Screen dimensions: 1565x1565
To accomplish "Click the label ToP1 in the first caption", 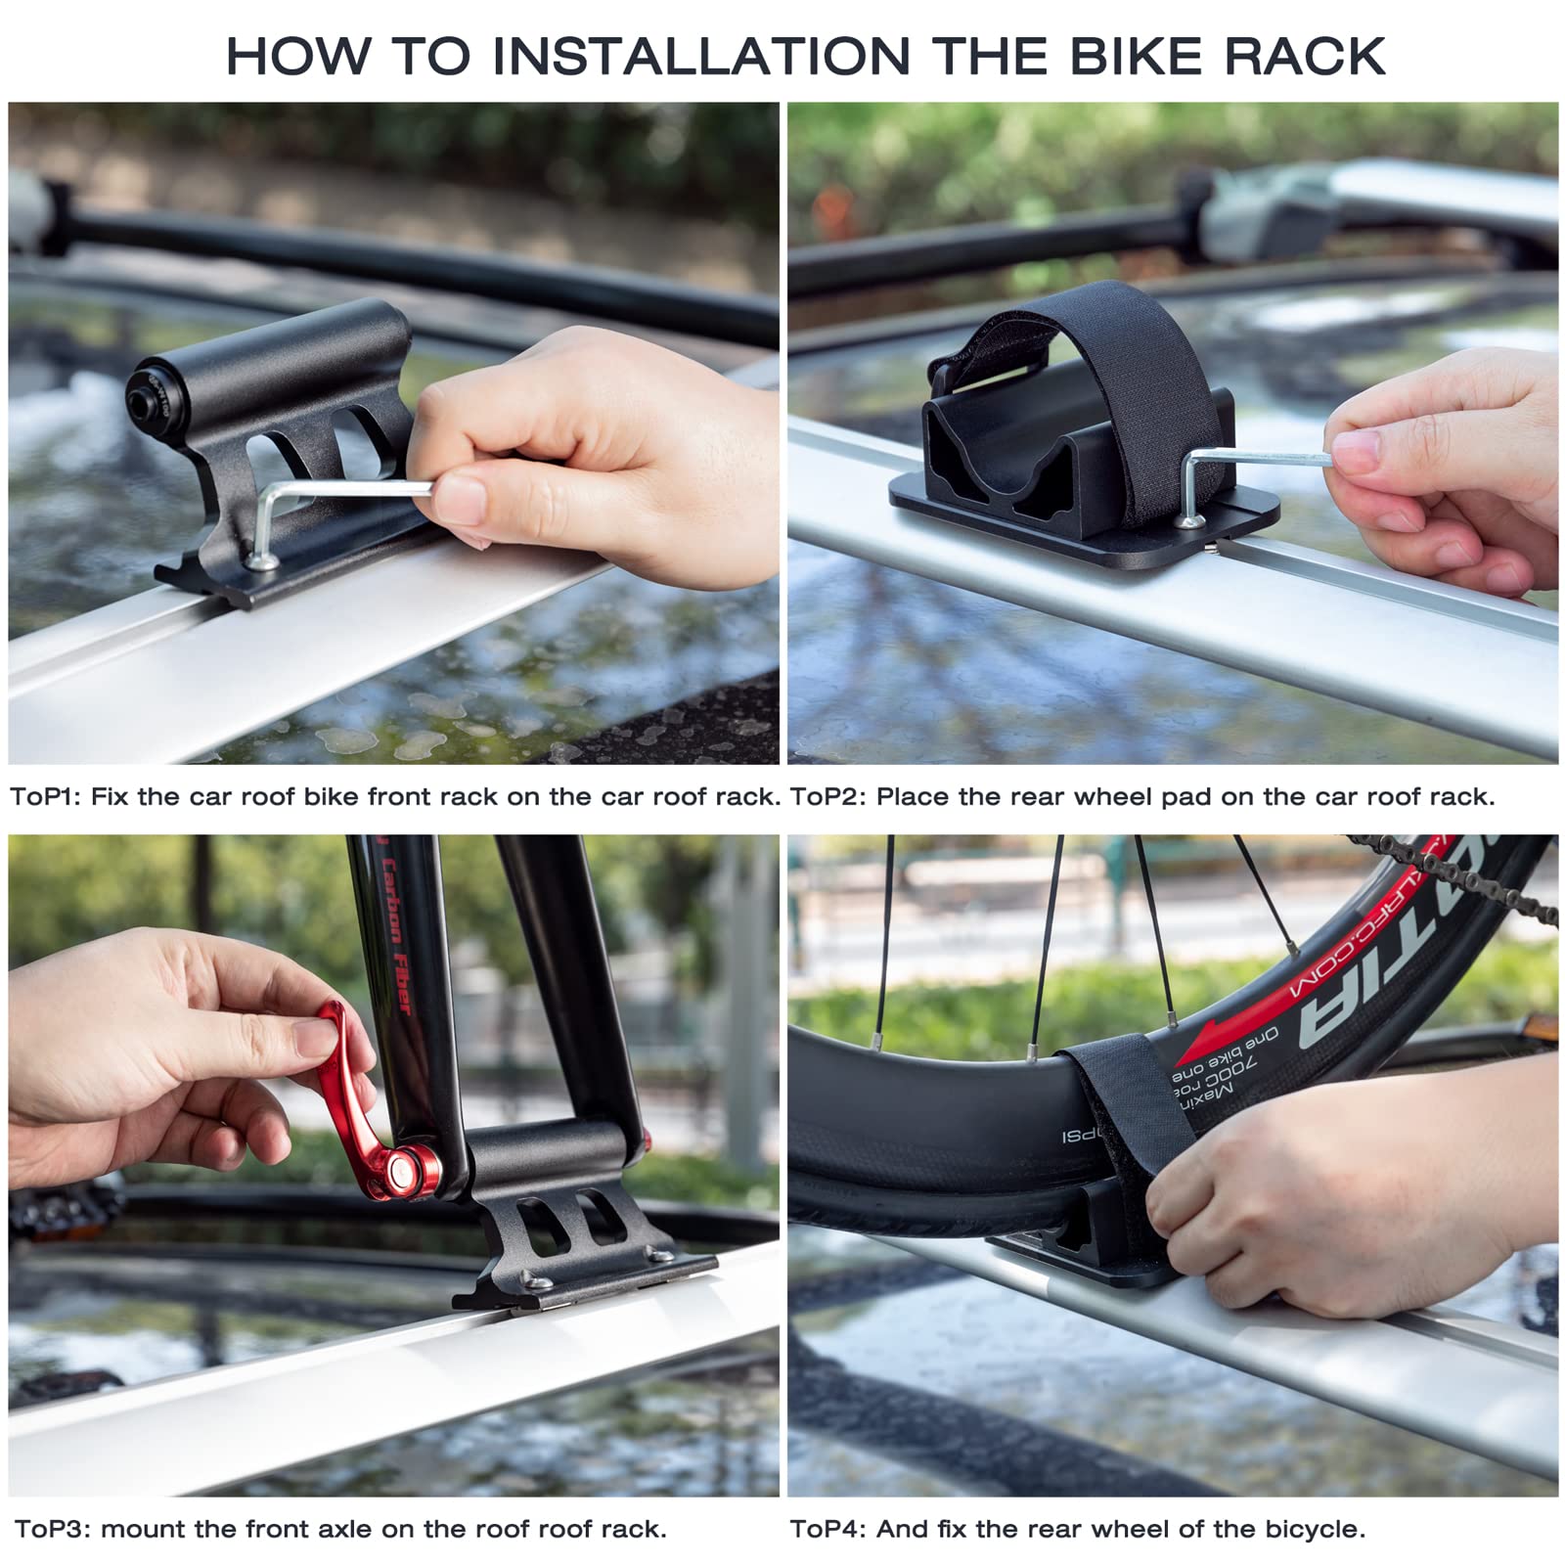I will [45, 796].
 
